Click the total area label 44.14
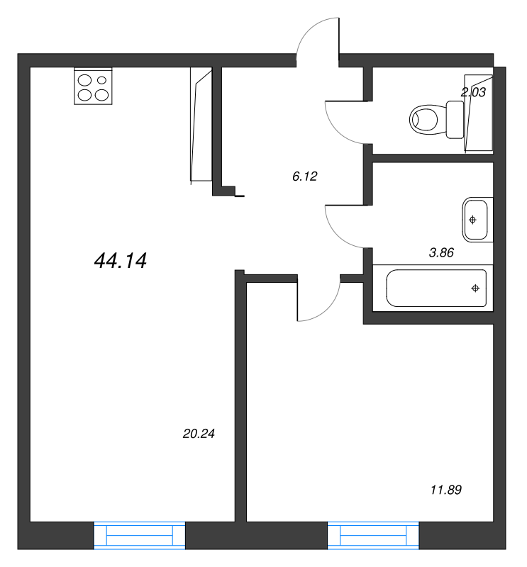pos(120,260)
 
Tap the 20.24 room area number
pos(199,433)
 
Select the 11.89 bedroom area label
pos(446,490)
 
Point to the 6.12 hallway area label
pos(305,176)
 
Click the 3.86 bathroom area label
pos(441,252)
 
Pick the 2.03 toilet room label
pos(473,92)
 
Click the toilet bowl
pos(423,119)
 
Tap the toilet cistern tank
pos(455,119)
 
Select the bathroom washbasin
pos(477,220)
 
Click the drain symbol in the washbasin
pos(472,220)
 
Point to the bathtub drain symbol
pos(475,288)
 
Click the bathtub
pos(436,288)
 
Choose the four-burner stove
pos(93,86)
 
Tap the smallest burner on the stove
pos(102,80)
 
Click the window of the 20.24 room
pos(139,535)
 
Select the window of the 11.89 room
pos(373,535)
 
